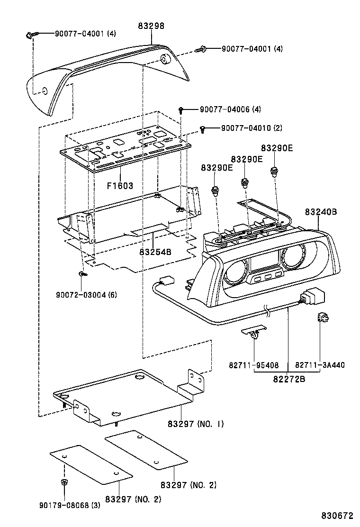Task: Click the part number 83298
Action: (x=151, y=27)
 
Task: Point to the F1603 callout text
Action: (x=120, y=186)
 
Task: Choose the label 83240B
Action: (x=321, y=212)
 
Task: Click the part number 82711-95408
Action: (x=254, y=365)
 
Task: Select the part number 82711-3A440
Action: (x=320, y=365)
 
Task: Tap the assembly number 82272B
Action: (x=288, y=379)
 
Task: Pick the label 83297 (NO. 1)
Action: (x=195, y=423)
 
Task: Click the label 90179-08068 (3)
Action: (x=70, y=505)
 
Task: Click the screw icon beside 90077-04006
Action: (x=182, y=110)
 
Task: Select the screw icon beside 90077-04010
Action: (x=203, y=128)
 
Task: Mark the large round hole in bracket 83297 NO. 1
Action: (x=141, y=378)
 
